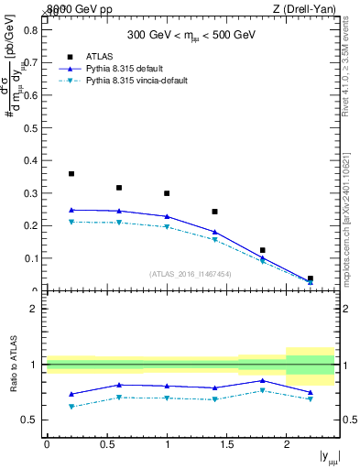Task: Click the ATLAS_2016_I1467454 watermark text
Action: coord(190,274)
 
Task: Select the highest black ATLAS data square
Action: coord(71,173)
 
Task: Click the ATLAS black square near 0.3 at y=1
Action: coord(167,193)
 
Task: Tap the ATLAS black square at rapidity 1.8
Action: coord(262,250)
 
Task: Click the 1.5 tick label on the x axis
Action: coord(226,444)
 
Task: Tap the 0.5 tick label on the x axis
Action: coord(106,444)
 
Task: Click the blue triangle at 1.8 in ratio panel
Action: coord(262,380)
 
